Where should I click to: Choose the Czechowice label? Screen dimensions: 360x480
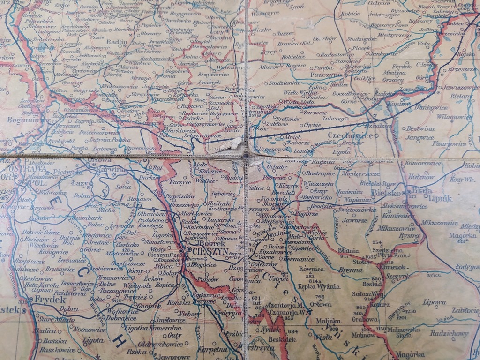(x=351, y=136)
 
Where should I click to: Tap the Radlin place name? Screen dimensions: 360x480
(x=117, y=42)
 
